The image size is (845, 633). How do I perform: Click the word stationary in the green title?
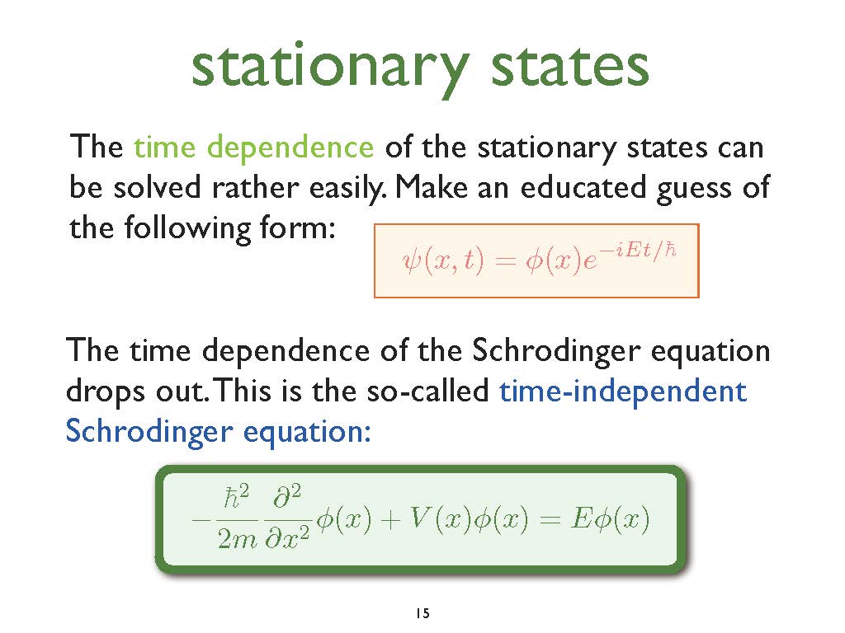pos(330,69)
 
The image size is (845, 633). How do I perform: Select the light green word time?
pos(164,147)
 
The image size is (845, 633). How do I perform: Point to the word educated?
pos(583,187)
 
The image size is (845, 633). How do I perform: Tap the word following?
pos(187,228)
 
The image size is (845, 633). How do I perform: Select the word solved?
pos(157,187)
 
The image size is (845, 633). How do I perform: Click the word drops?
pos(105,392)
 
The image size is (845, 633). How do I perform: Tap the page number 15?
pos(423,613)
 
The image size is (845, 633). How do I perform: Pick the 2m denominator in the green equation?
pos(238,538)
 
